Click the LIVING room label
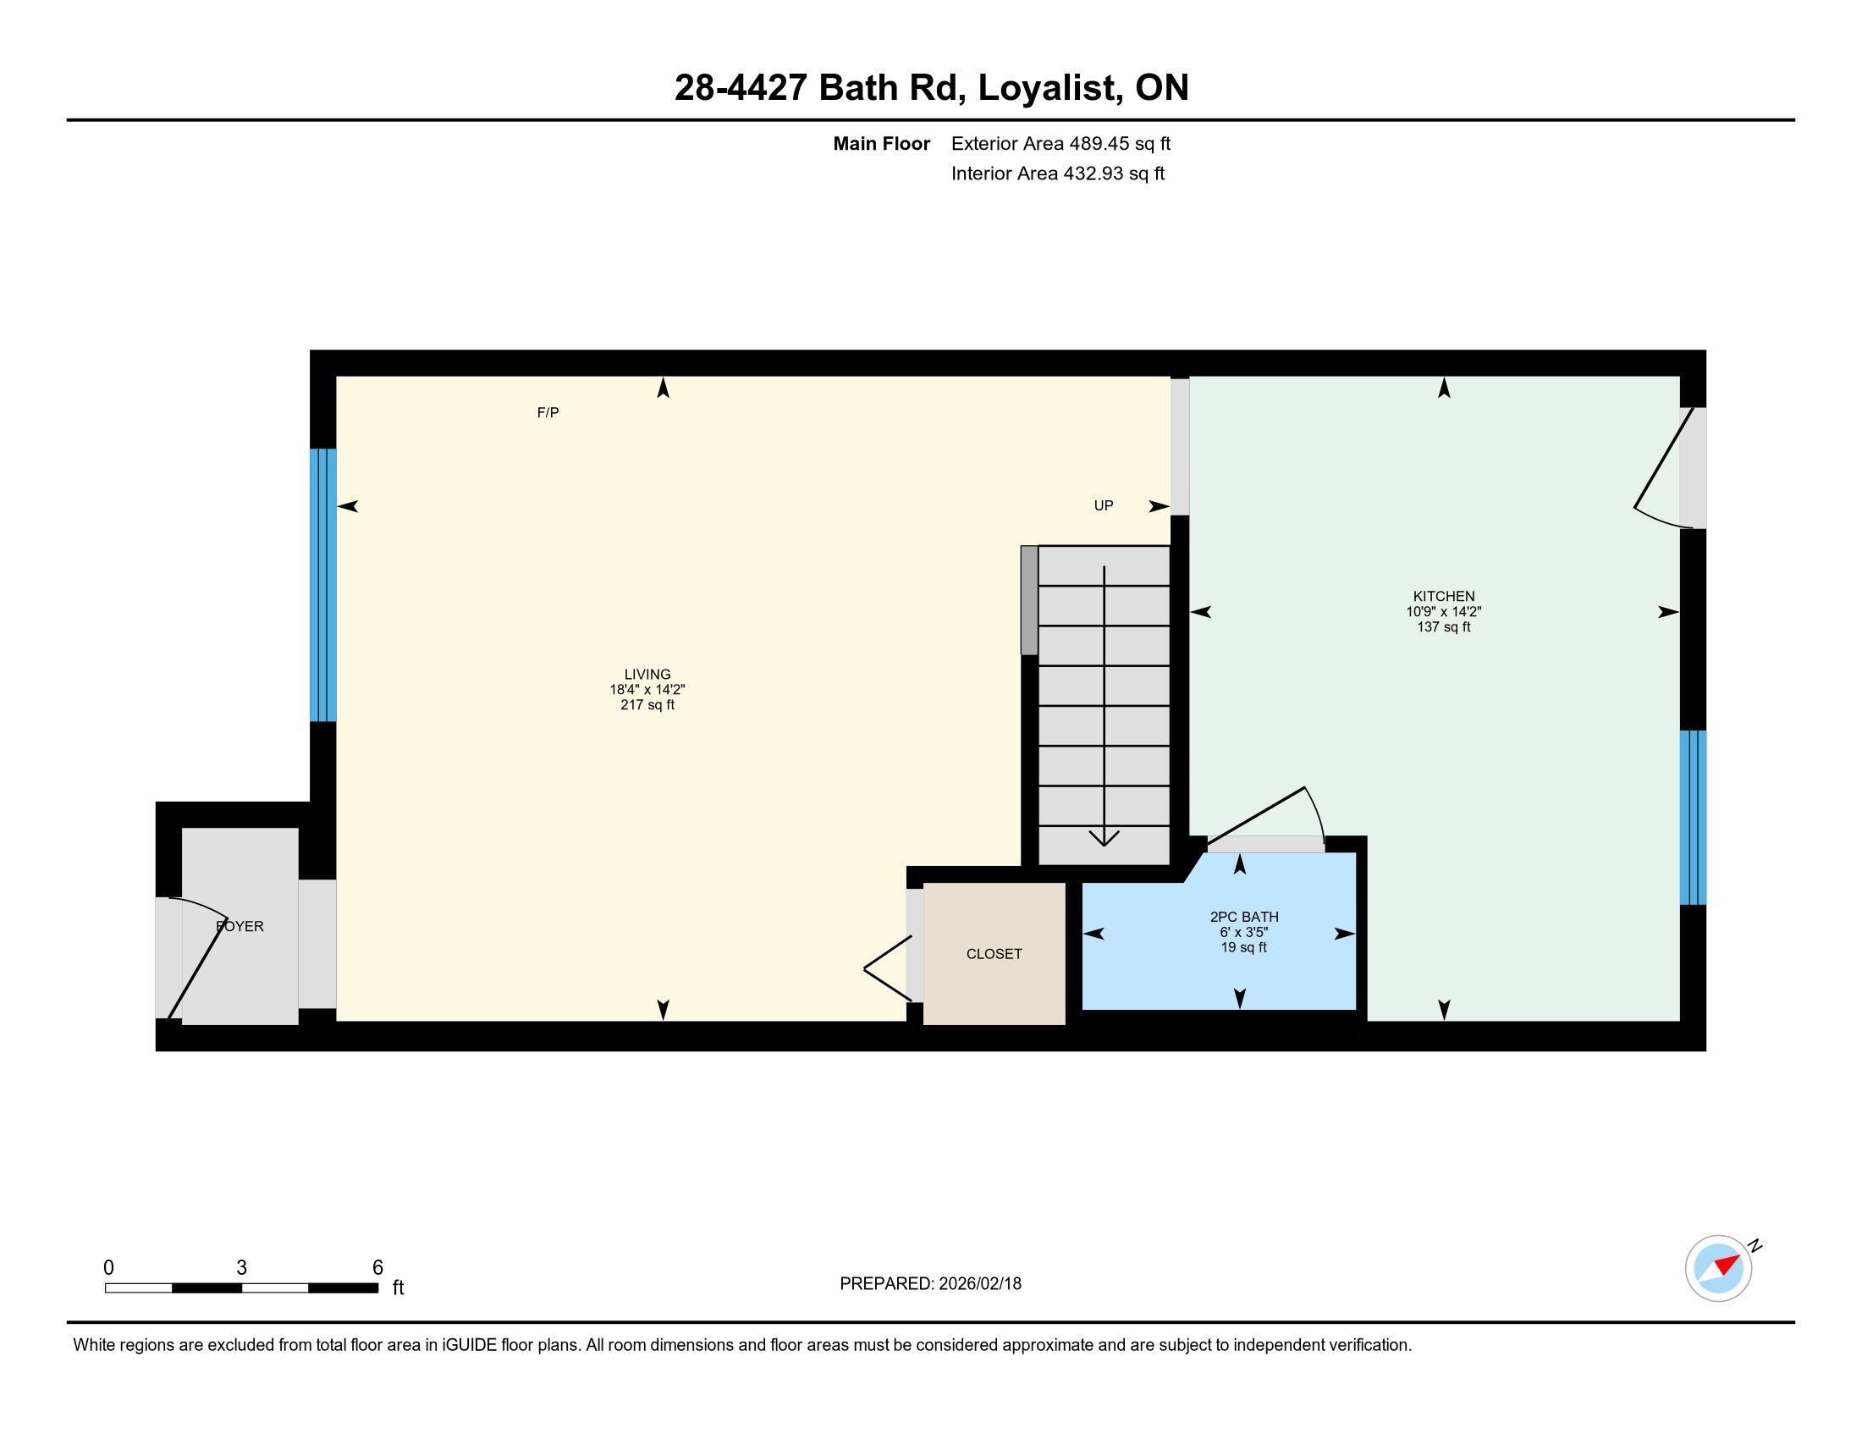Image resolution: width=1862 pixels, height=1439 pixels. (647, 675)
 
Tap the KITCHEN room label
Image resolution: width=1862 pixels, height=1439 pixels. (1443, 597)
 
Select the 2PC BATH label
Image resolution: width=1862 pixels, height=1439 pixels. (1244, 918)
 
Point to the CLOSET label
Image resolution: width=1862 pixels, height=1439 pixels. (994, 954)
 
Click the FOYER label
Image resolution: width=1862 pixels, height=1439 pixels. (240, 926)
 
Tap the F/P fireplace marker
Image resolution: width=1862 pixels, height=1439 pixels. (548, 412)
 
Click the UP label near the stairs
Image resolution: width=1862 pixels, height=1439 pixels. (1103, 505)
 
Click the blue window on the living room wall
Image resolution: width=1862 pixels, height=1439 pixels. (323, 585)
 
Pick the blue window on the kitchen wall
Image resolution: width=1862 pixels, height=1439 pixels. (1693, 817)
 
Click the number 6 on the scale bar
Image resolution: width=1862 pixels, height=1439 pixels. (377, 1268)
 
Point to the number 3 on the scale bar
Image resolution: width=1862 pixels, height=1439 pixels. (242, 1268)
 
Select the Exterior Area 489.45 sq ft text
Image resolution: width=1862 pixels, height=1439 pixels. (1060, 144)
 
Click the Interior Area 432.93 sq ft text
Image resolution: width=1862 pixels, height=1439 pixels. (1058, 174)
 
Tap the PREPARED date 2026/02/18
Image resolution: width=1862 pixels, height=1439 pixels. (978, 1284)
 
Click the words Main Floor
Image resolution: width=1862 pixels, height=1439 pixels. (882, 144)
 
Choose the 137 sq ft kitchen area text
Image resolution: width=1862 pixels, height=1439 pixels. (1443, 627)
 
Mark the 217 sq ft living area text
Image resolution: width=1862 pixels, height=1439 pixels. (647, 705)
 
